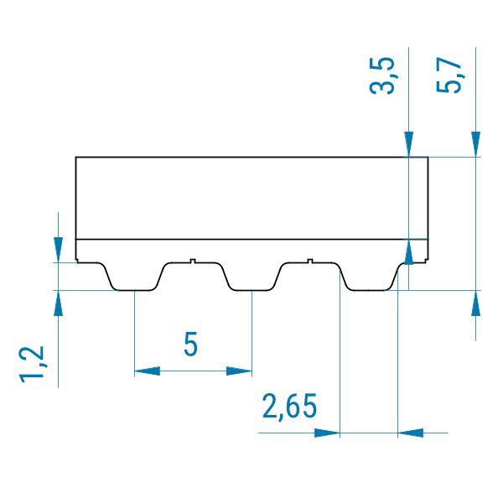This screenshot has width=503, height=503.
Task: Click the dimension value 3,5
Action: pyautogui.click(x=382, y=76)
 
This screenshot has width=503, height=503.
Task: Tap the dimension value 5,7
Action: pyautogui.click(x=449, y=76)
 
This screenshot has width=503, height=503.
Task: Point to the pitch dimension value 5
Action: pyautogui.click(x=191, y=344)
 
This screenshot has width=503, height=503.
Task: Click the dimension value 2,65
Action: pyautogui.click(x=290, y=407)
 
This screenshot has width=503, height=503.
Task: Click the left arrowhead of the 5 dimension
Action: pyautogui.click(x=148, y=371)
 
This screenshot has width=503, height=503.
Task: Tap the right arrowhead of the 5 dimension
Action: pyautogui.click(x=239, y=371)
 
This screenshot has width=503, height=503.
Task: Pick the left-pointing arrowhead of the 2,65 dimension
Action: pyautogui.click(x=411, y=433)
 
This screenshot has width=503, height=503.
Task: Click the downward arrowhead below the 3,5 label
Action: pyautogui.click(x=409, y=144)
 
